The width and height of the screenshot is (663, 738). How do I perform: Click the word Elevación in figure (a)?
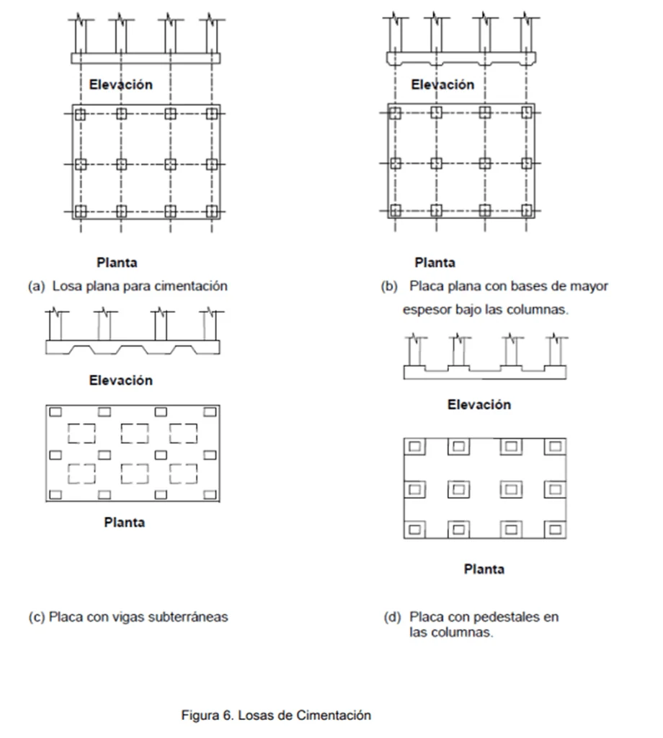121,85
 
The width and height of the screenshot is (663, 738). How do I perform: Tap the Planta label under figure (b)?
435,262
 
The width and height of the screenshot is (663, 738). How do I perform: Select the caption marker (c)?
37,617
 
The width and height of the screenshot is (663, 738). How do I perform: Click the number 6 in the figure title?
228,716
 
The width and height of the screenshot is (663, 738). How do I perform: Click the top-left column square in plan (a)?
81,114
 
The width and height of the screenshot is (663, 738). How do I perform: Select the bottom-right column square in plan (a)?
212,211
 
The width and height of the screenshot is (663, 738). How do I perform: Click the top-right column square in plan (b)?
527,112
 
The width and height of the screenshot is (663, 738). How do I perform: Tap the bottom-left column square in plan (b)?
395,210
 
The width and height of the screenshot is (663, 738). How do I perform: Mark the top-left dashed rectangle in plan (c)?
81,433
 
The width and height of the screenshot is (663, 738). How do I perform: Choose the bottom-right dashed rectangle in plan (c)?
184,474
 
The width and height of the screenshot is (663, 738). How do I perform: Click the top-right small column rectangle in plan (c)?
210,412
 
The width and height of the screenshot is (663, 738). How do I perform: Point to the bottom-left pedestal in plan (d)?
414,529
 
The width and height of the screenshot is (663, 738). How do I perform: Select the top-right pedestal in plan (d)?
555,446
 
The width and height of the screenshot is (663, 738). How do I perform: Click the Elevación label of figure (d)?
479,405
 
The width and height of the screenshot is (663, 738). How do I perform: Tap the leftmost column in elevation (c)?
55,325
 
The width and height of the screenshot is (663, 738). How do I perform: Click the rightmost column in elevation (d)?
556,351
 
